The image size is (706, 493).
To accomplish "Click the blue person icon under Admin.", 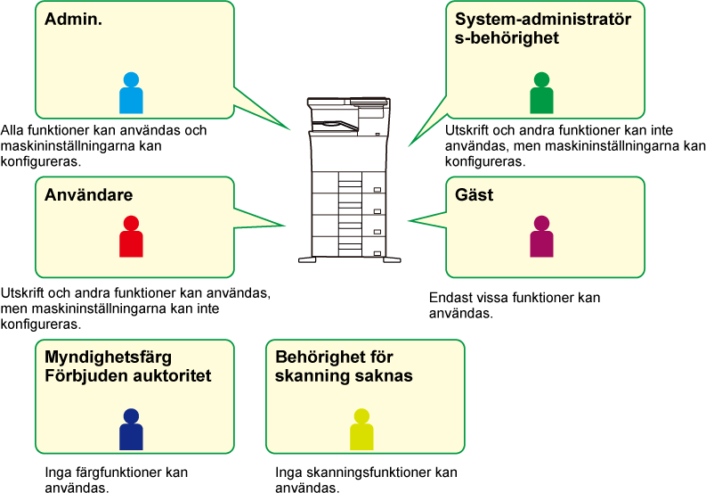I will coord(131,94).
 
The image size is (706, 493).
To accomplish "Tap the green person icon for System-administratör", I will coord(541,94).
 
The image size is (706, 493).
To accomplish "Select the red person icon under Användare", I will coord(131,237).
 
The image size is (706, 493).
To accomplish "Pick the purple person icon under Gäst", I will coord(541,237).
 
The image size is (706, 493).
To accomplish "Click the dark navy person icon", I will coord(131,430).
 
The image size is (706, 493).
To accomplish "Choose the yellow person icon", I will coord(361,430).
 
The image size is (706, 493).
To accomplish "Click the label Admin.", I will coord(73,19).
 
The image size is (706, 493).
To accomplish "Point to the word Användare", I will coord(88,195).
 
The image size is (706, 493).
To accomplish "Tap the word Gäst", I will coord(474,195).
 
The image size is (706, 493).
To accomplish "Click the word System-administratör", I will coord(543,19).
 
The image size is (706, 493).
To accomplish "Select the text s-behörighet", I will coord(507,37).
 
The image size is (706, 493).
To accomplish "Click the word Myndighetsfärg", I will coord(108,357).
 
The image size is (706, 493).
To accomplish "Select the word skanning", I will coord(308,375).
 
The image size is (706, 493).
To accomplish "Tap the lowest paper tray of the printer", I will coord(348,247).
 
